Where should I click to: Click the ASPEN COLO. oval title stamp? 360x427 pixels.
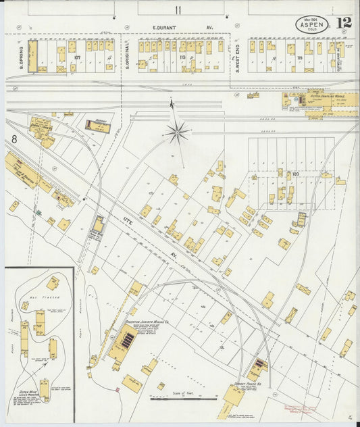pos(311,25)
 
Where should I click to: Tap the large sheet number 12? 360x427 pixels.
pos(344,24)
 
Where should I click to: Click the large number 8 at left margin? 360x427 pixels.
pos(13,140)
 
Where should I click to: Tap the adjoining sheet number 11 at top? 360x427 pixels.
pos(178,9)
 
